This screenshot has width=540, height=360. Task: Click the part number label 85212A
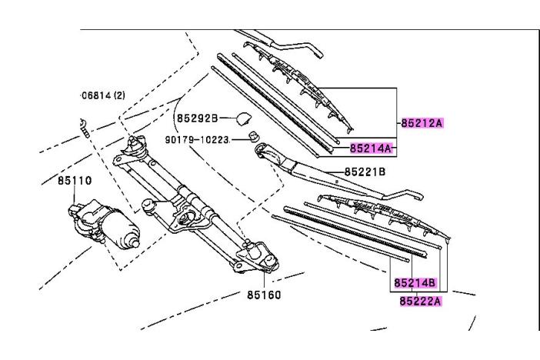click(x=422, y=122)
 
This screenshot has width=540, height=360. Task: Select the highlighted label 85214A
click(x=372, y=148)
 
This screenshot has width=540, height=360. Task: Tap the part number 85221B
click(x=365, y=172)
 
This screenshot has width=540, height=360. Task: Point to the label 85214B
click(x=415, y=283)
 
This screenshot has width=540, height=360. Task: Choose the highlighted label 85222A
click(x=420, y=301)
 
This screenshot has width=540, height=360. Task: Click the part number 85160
click(x=263, y=293)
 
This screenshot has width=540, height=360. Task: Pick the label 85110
click(x=73, y=182)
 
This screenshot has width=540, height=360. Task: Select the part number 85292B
click(x=198, y=118)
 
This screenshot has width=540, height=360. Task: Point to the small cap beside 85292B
click(x=245, y=118)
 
